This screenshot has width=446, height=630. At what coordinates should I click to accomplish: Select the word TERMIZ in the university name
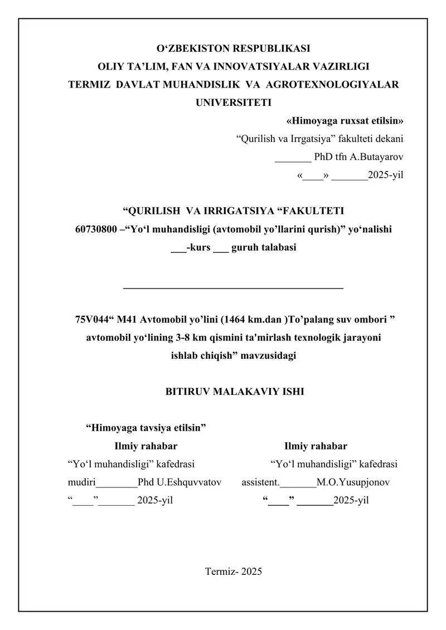coord(86,85)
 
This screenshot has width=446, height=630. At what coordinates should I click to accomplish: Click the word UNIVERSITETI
coord(233,102)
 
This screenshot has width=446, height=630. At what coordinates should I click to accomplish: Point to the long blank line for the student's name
coord(232,287)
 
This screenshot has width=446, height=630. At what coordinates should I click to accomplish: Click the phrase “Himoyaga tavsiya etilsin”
coord(146,428)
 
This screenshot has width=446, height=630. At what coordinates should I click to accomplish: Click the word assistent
coord(260,482)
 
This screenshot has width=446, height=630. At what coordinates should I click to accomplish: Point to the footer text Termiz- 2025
coord(234,572)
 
